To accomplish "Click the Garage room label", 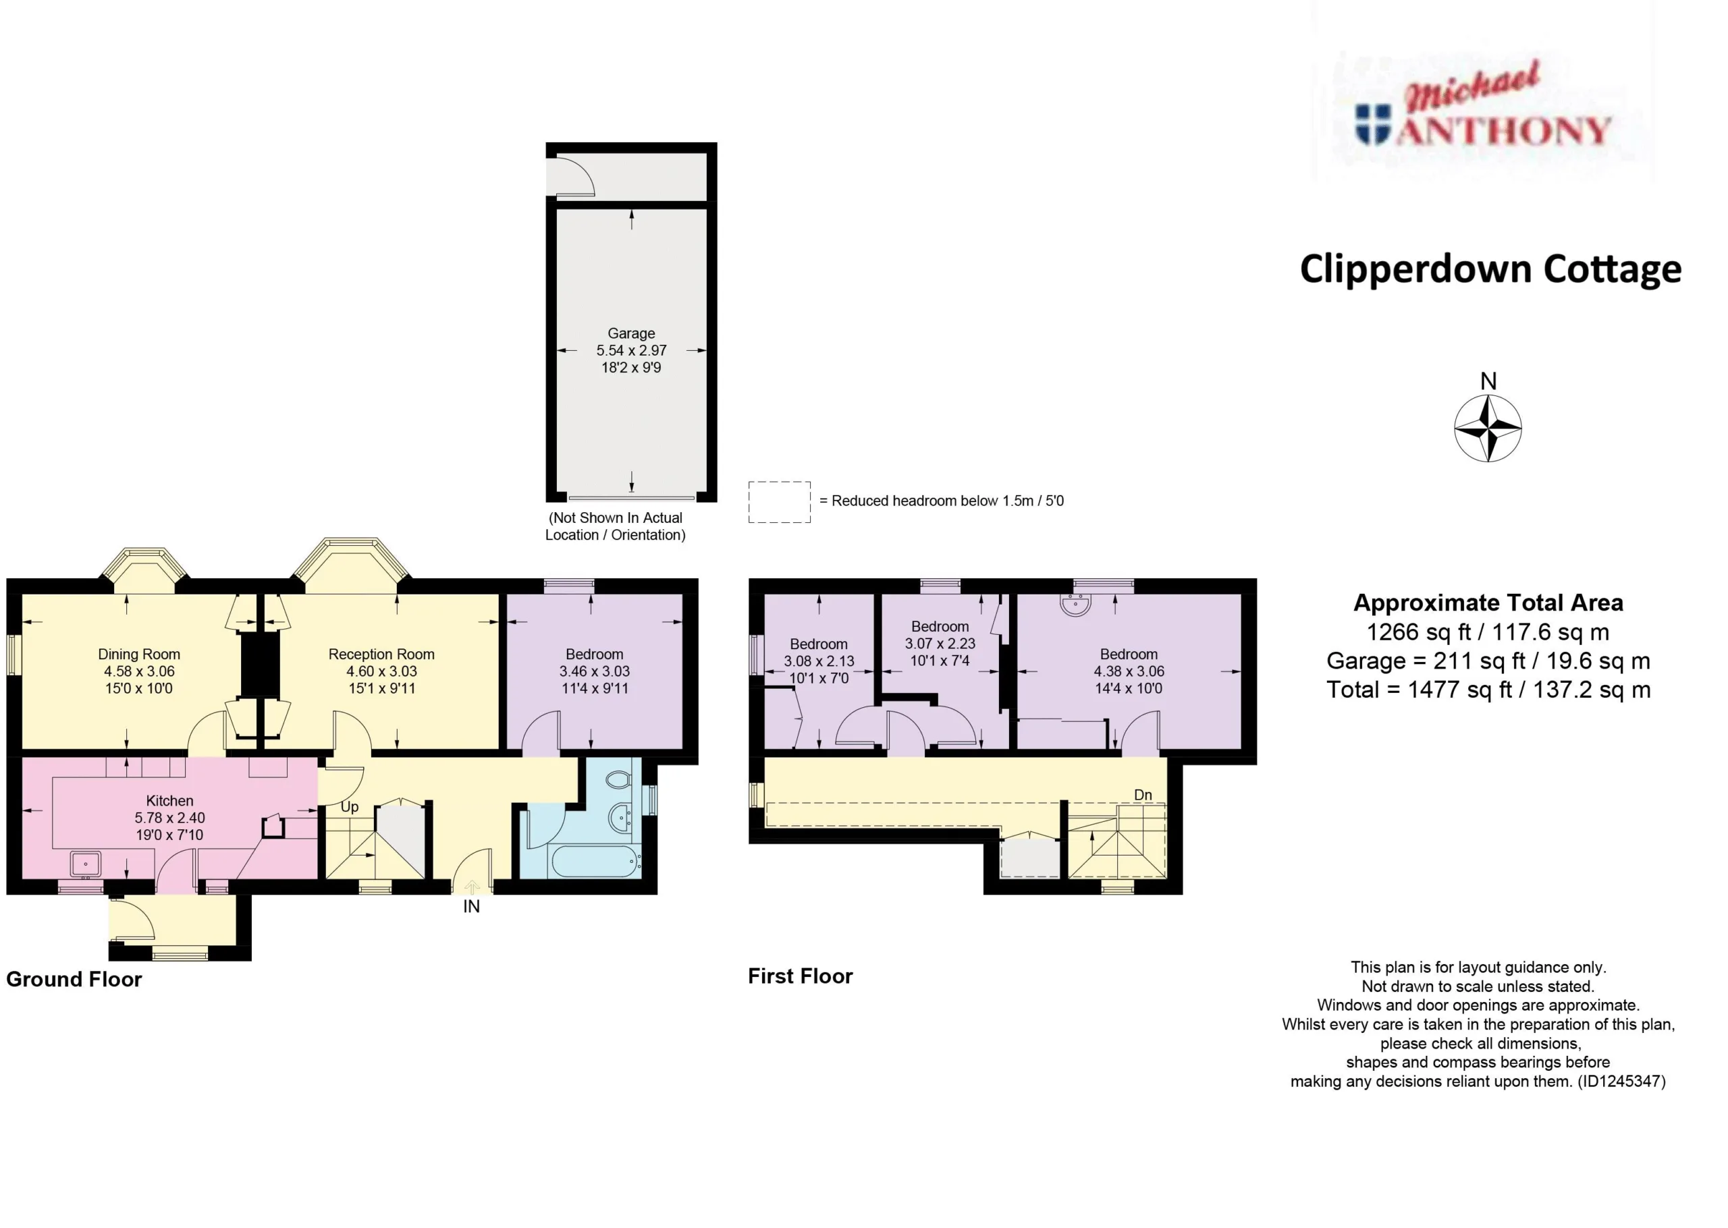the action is tap(630, 333).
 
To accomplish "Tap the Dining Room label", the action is tap(139, 654).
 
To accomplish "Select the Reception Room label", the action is tap(381, 654).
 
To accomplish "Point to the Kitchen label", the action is tap(169, 801).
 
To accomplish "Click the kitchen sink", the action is tap(86, 864).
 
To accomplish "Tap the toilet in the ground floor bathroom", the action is tap(618, 779).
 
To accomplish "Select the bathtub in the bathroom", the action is tap(597, 861).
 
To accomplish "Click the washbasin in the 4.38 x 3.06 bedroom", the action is tap(1075, 605).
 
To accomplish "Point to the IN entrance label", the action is tap(471, 907).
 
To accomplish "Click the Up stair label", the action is tap(350, 808).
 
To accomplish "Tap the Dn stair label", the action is tap(1143, 795).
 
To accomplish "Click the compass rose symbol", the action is tap(1488, 428).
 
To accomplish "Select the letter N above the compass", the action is tap(1488, 381).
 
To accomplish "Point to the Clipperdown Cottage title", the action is tap(1490, 270).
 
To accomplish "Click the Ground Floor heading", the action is tap(74, 979).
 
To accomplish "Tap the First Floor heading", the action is tap(800, 976).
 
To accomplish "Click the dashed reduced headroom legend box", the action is tap(780, 502).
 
